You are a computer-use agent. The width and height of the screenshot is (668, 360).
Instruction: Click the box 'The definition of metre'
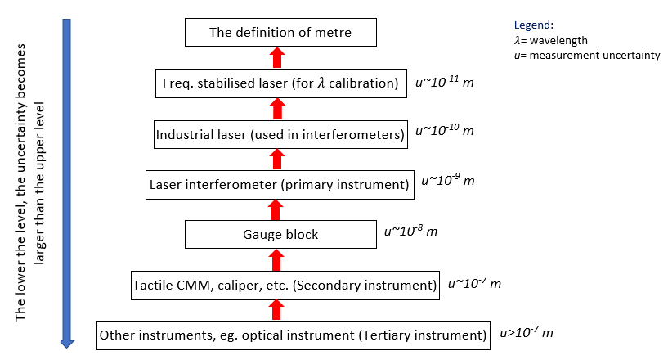coord(280,33)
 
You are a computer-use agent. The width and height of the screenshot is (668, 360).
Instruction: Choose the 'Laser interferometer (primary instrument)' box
coord(278,184)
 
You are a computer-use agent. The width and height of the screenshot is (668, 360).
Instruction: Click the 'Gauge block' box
coord(280,235)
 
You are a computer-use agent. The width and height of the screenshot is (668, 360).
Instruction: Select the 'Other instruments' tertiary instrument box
coord(293,335)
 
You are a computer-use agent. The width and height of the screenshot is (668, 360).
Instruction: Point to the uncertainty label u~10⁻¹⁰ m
coord(445,130)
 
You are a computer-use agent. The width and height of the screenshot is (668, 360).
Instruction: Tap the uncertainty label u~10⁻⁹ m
coord(448,180)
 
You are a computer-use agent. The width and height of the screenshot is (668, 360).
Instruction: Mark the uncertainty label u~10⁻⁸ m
coord(410,231)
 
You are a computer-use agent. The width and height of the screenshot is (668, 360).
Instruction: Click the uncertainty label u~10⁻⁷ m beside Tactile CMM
coord(474,283)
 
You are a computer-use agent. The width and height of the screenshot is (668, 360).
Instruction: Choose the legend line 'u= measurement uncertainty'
coord(581,55)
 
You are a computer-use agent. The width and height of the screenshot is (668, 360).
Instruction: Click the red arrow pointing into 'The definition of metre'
coord(277,58)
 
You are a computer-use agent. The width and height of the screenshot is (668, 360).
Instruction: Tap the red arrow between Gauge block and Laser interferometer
coord(277,209)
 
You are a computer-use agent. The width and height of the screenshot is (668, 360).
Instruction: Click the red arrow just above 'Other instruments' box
coord(277,310)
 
